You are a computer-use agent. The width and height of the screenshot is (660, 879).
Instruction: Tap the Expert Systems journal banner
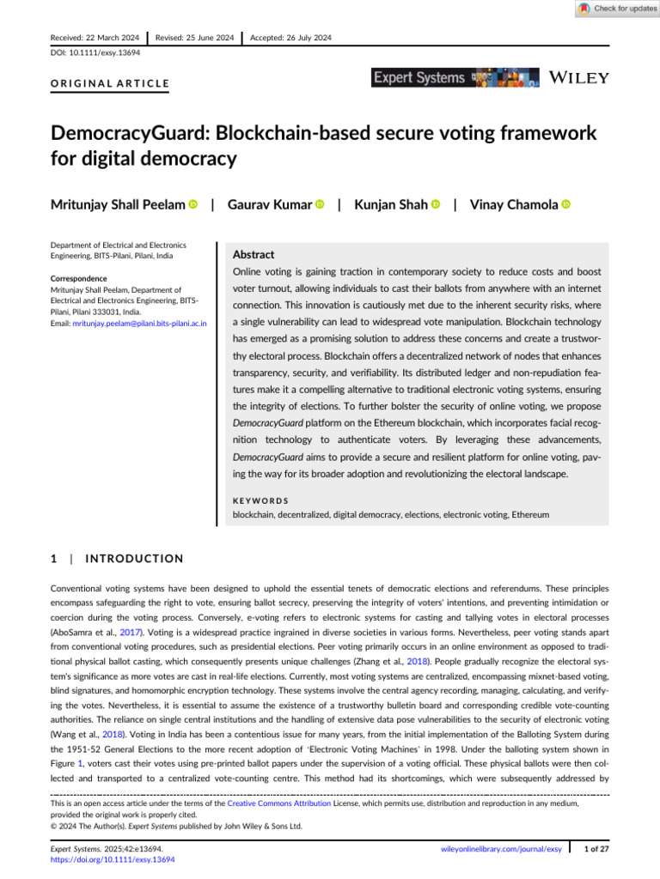[x=455, y=78]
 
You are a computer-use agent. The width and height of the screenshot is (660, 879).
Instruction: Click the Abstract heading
[x=254, y=255]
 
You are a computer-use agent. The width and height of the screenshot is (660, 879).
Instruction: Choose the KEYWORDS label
[x=261, y=500]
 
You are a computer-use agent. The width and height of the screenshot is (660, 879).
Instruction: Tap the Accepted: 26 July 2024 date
[x=291, y=38]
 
